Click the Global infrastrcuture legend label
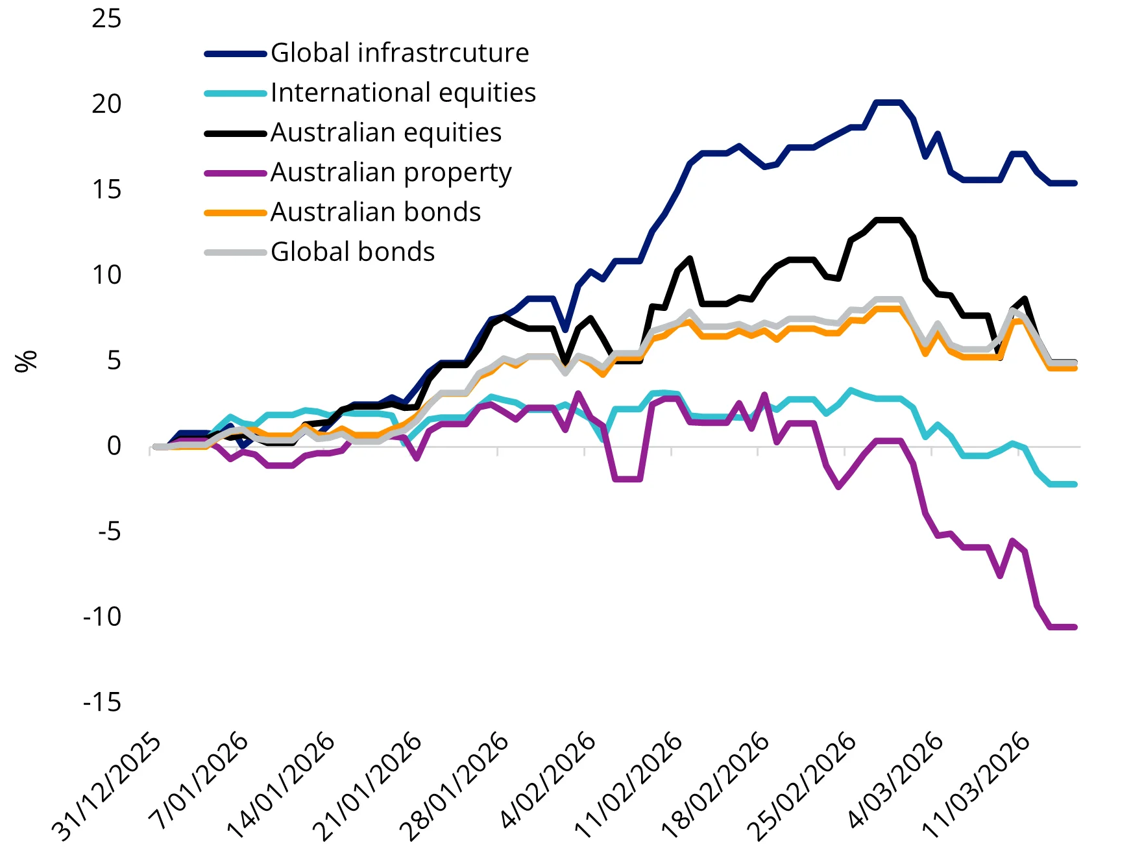point(399,53)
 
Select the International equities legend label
point(403,93)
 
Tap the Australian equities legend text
point(386,132)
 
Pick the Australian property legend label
point(391,173)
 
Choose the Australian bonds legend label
point(376,212)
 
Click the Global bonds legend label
point(352,252)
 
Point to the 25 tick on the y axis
point(106,18)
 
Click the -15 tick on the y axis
point(102,702)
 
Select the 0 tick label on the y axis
point(114,445)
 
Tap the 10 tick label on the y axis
point(106,275)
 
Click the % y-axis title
point(26,361)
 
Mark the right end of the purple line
point(1075,627)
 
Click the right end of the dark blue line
point(1075,184)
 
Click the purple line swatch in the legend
point(236,173)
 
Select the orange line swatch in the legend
point(236,213)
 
